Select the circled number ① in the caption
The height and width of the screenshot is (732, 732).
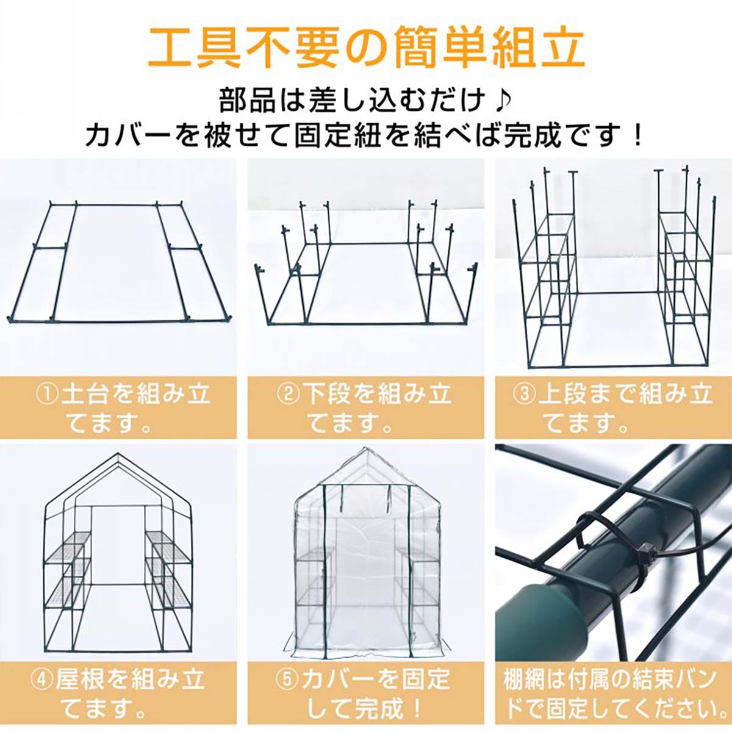(48, 395)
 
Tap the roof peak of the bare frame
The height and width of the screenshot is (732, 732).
(118, 454)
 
